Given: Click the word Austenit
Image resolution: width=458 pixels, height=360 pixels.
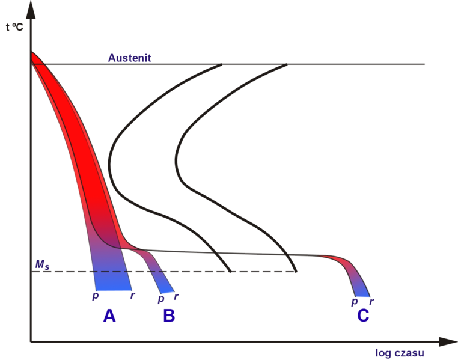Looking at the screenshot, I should (129, 58).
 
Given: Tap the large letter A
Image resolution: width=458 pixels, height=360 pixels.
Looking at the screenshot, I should (109, 315).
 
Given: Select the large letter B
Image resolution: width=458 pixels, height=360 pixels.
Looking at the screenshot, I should (169, 315).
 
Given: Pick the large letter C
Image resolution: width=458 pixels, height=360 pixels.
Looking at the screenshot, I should (362, 315).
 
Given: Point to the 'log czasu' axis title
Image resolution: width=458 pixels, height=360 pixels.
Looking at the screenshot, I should (400, 352).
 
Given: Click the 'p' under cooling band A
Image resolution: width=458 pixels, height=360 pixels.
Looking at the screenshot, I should (95, 296).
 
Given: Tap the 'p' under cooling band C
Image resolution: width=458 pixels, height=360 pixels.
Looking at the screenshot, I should (355, 301).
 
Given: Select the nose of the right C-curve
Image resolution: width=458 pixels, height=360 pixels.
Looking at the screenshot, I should (176, 157).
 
